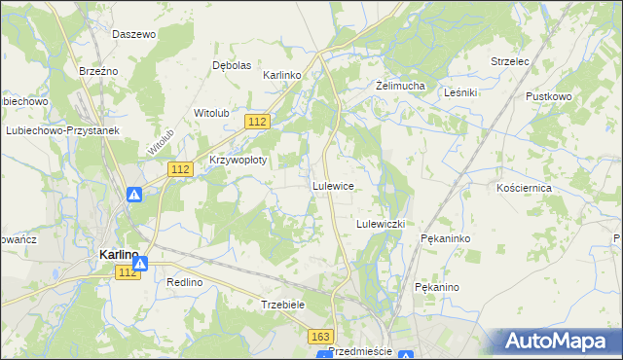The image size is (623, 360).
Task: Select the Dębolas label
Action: (232, 65)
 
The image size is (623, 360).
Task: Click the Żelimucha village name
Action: (401, 86)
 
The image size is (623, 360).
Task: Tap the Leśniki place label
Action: (459, 92)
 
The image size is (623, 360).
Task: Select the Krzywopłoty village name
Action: (238, 161)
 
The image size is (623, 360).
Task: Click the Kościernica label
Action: (524, 187)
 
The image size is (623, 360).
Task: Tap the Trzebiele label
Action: (284, 304)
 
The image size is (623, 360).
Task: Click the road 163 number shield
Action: (321, 336)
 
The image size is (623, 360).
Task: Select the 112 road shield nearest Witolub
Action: (257, 121)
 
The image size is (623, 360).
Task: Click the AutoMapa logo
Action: (558, 341)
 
